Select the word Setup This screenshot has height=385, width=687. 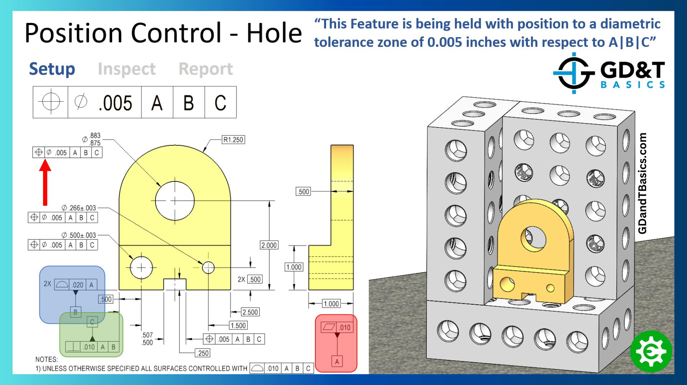coord(52,69)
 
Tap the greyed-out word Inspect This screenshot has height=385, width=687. coord(127,69)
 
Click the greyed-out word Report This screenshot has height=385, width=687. coord(206,69)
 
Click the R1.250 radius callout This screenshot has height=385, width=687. coord(233,140)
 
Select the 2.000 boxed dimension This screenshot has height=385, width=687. coord(269,245)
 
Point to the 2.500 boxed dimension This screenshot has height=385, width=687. coord(250,312)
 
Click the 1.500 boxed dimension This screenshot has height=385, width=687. coord(238,326)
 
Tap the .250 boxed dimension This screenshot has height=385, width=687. coord(202,353)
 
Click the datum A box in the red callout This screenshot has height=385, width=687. coord(337,361)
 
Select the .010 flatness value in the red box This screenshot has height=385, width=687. coord(344,327)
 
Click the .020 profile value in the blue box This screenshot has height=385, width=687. coord(77,285)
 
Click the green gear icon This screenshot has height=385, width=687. coord(651,352)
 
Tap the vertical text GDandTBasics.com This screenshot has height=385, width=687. coord(643,183)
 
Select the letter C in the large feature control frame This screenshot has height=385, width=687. coord(220,103)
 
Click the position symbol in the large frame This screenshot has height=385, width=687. coord(51,102)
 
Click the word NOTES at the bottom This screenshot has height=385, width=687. coord(46,359)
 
